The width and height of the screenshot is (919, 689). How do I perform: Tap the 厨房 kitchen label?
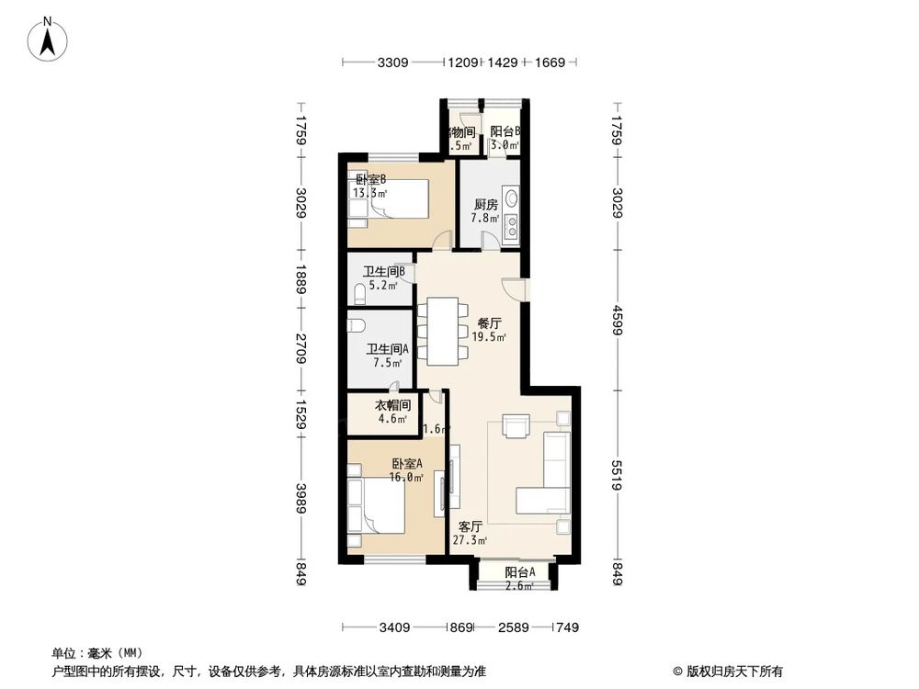tap(486, 204)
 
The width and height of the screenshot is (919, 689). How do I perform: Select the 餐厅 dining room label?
tap(489, 323)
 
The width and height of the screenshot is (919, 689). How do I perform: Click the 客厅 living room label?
tap(471, 527)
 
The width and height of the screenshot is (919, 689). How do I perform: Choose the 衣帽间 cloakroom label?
tap(391, 405)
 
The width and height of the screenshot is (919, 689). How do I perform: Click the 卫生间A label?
tap(387, 349)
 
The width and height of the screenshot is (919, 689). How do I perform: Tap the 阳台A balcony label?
tap(519, 571)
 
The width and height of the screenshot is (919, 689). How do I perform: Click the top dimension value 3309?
tap(392, 63)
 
